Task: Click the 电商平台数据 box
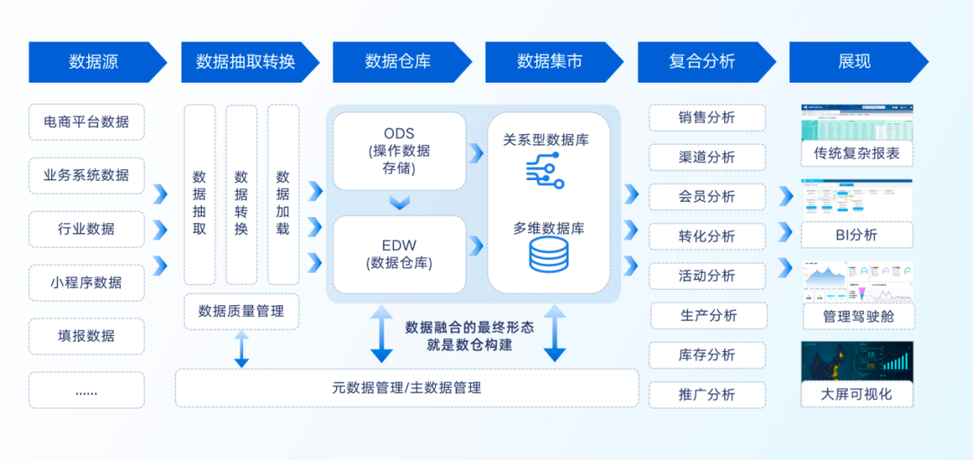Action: click(x=86, y=122)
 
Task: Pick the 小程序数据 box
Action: click(x=86, y=283)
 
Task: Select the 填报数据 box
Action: click(x=86, y=336)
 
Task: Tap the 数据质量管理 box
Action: click(x=241, y=311)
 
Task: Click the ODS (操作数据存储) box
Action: click(x=399, y=150)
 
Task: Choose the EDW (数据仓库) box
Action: click(x=399, y=253)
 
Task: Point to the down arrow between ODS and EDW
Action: click(x=399, y=203)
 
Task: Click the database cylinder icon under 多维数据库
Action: click(x=549, y=256)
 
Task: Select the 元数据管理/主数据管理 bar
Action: click(x=406, y=388)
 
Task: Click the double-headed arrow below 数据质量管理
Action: click(x=241, y=349)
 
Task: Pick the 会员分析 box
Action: click(x=707, y=196)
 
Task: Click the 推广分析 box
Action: click(x=707, y=394)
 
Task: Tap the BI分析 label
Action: click(x=857, y=236)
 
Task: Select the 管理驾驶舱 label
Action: click(x=857, y=316)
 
